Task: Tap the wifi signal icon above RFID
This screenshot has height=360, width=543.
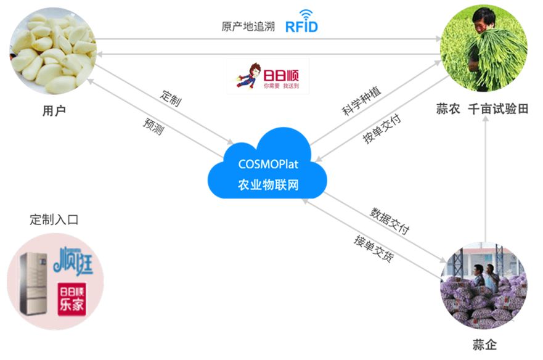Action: tap(306, 14)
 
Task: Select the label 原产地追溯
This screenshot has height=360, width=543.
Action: tap(248, 27)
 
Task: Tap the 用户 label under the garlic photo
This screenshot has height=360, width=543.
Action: tap(54, 111)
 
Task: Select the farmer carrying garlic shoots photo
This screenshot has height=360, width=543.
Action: tap(484, 47)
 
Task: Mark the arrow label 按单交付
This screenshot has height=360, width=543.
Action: tap(382, 129)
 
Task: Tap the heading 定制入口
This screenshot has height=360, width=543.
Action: tap(54, 219)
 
